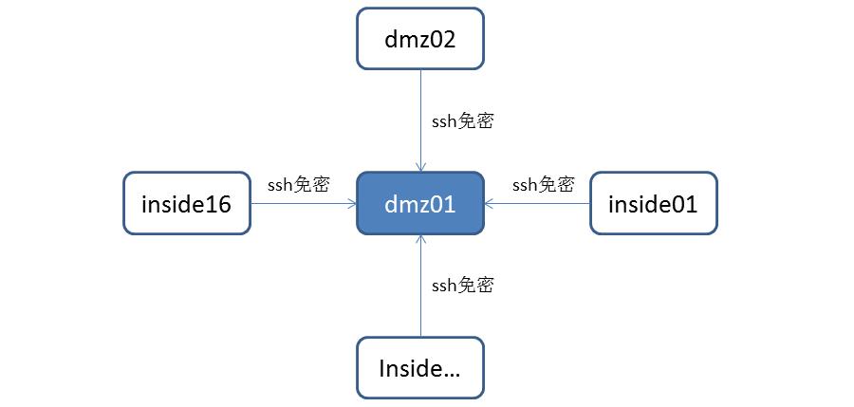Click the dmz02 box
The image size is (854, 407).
click(420, 39)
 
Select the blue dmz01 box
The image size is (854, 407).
click(420, 203)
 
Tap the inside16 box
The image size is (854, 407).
click(186, 203)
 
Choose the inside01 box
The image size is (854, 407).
click(653, 203)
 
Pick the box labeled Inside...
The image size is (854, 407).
click(420, 368)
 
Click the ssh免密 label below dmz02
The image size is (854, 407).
click(462, 120)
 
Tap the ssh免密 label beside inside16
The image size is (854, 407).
click(298, 184)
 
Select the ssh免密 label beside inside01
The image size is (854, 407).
click(543, 184)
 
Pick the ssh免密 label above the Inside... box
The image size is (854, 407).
click(462, 284)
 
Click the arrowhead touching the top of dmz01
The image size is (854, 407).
click(420, 166)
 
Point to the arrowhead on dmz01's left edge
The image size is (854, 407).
click(350, 203)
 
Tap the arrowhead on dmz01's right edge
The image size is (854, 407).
click(491, 203)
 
